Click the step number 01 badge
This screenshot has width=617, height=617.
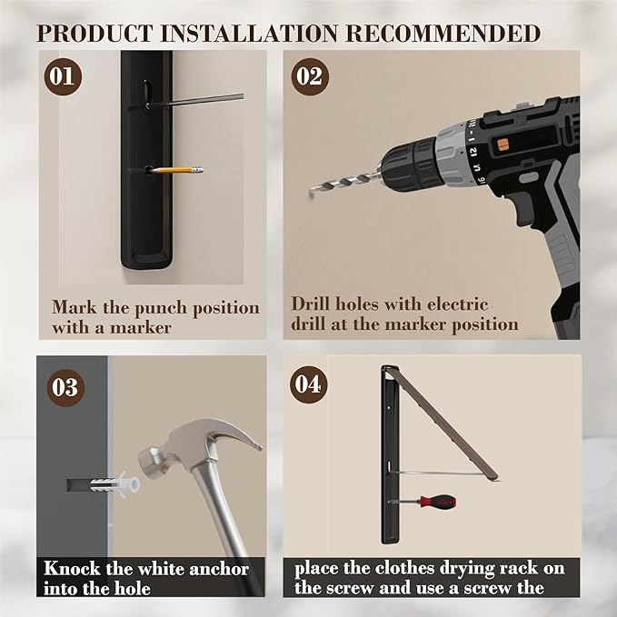click(63, 76)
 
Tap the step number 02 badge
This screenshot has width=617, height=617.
click(310, 76)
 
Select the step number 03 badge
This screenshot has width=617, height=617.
click(65, 388)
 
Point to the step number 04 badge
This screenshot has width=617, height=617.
click(309, 384)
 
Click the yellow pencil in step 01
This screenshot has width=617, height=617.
click(177, 171)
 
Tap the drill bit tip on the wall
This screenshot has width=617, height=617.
click(311, 194)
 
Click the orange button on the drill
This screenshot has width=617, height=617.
click(503, 144)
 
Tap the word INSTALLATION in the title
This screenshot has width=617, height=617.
click(249, 33)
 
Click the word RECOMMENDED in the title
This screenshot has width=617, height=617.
click(443, 33)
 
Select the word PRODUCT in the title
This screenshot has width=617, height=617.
click(95, 33)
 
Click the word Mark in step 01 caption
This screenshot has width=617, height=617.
click(75, 307)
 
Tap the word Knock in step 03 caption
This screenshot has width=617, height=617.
click(72, 568)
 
